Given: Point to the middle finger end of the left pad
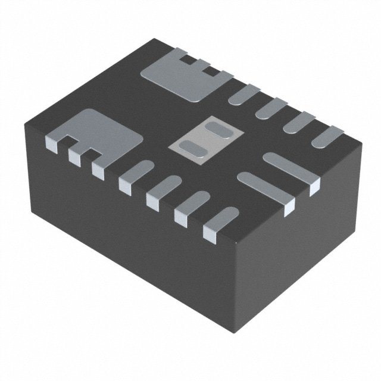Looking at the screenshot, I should (x=75, y=157).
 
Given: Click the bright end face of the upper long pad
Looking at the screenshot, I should (x=314, y=188).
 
